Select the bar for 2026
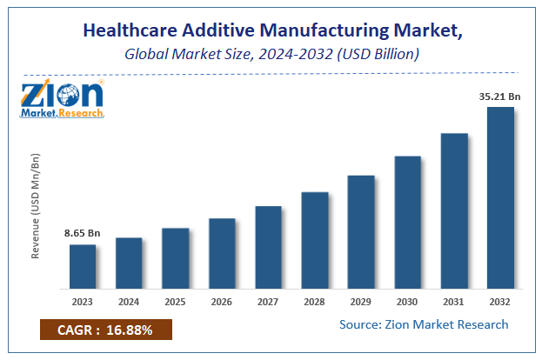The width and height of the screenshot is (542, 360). coord(222,253)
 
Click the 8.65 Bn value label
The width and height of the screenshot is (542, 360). coord(83,233)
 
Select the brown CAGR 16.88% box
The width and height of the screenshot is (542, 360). coord(106,330)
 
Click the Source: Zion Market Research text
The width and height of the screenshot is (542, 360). coord(424,324)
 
